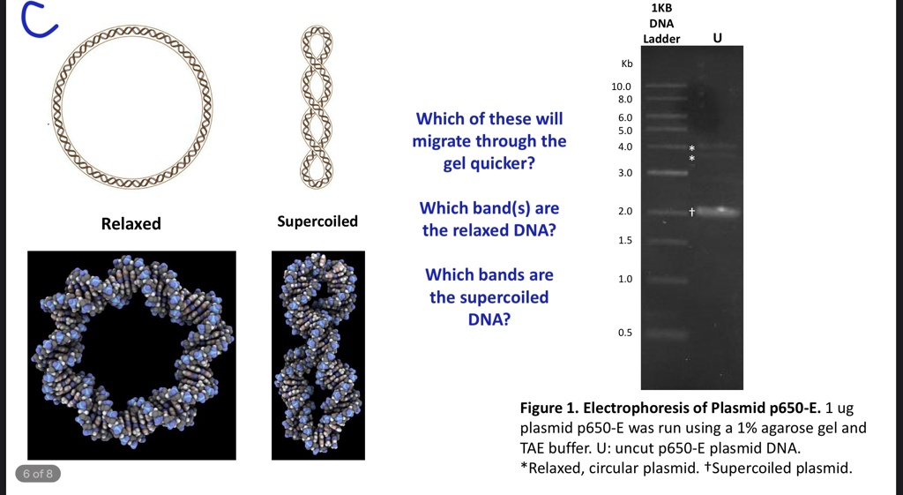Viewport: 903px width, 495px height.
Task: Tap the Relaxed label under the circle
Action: point(131,223)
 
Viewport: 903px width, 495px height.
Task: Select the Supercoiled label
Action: point(317,221)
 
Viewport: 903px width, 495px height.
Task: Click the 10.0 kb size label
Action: point(621,86)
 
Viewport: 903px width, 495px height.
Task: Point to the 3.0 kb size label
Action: point(625,173)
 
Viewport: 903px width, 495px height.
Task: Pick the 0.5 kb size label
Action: point(625,333)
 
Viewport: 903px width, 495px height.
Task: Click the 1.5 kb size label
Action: point(625,240)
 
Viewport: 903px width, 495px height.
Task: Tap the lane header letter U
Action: point(718,38)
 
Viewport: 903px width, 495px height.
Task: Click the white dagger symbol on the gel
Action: point(692,212)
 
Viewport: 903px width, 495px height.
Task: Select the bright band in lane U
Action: point(718,212)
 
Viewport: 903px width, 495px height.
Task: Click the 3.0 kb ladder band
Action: point(666,172)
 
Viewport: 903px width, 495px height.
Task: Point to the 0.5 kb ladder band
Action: point(666,334)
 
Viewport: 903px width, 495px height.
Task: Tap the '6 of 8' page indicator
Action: point(38,474)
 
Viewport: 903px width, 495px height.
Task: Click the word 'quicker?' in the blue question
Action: point(489,163)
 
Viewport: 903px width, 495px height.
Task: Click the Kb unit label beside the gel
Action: point(627,64)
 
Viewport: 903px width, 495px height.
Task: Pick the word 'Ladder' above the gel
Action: point(661,39)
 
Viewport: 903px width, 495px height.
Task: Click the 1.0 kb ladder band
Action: point(666,281)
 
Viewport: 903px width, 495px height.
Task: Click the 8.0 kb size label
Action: point(625,99)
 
